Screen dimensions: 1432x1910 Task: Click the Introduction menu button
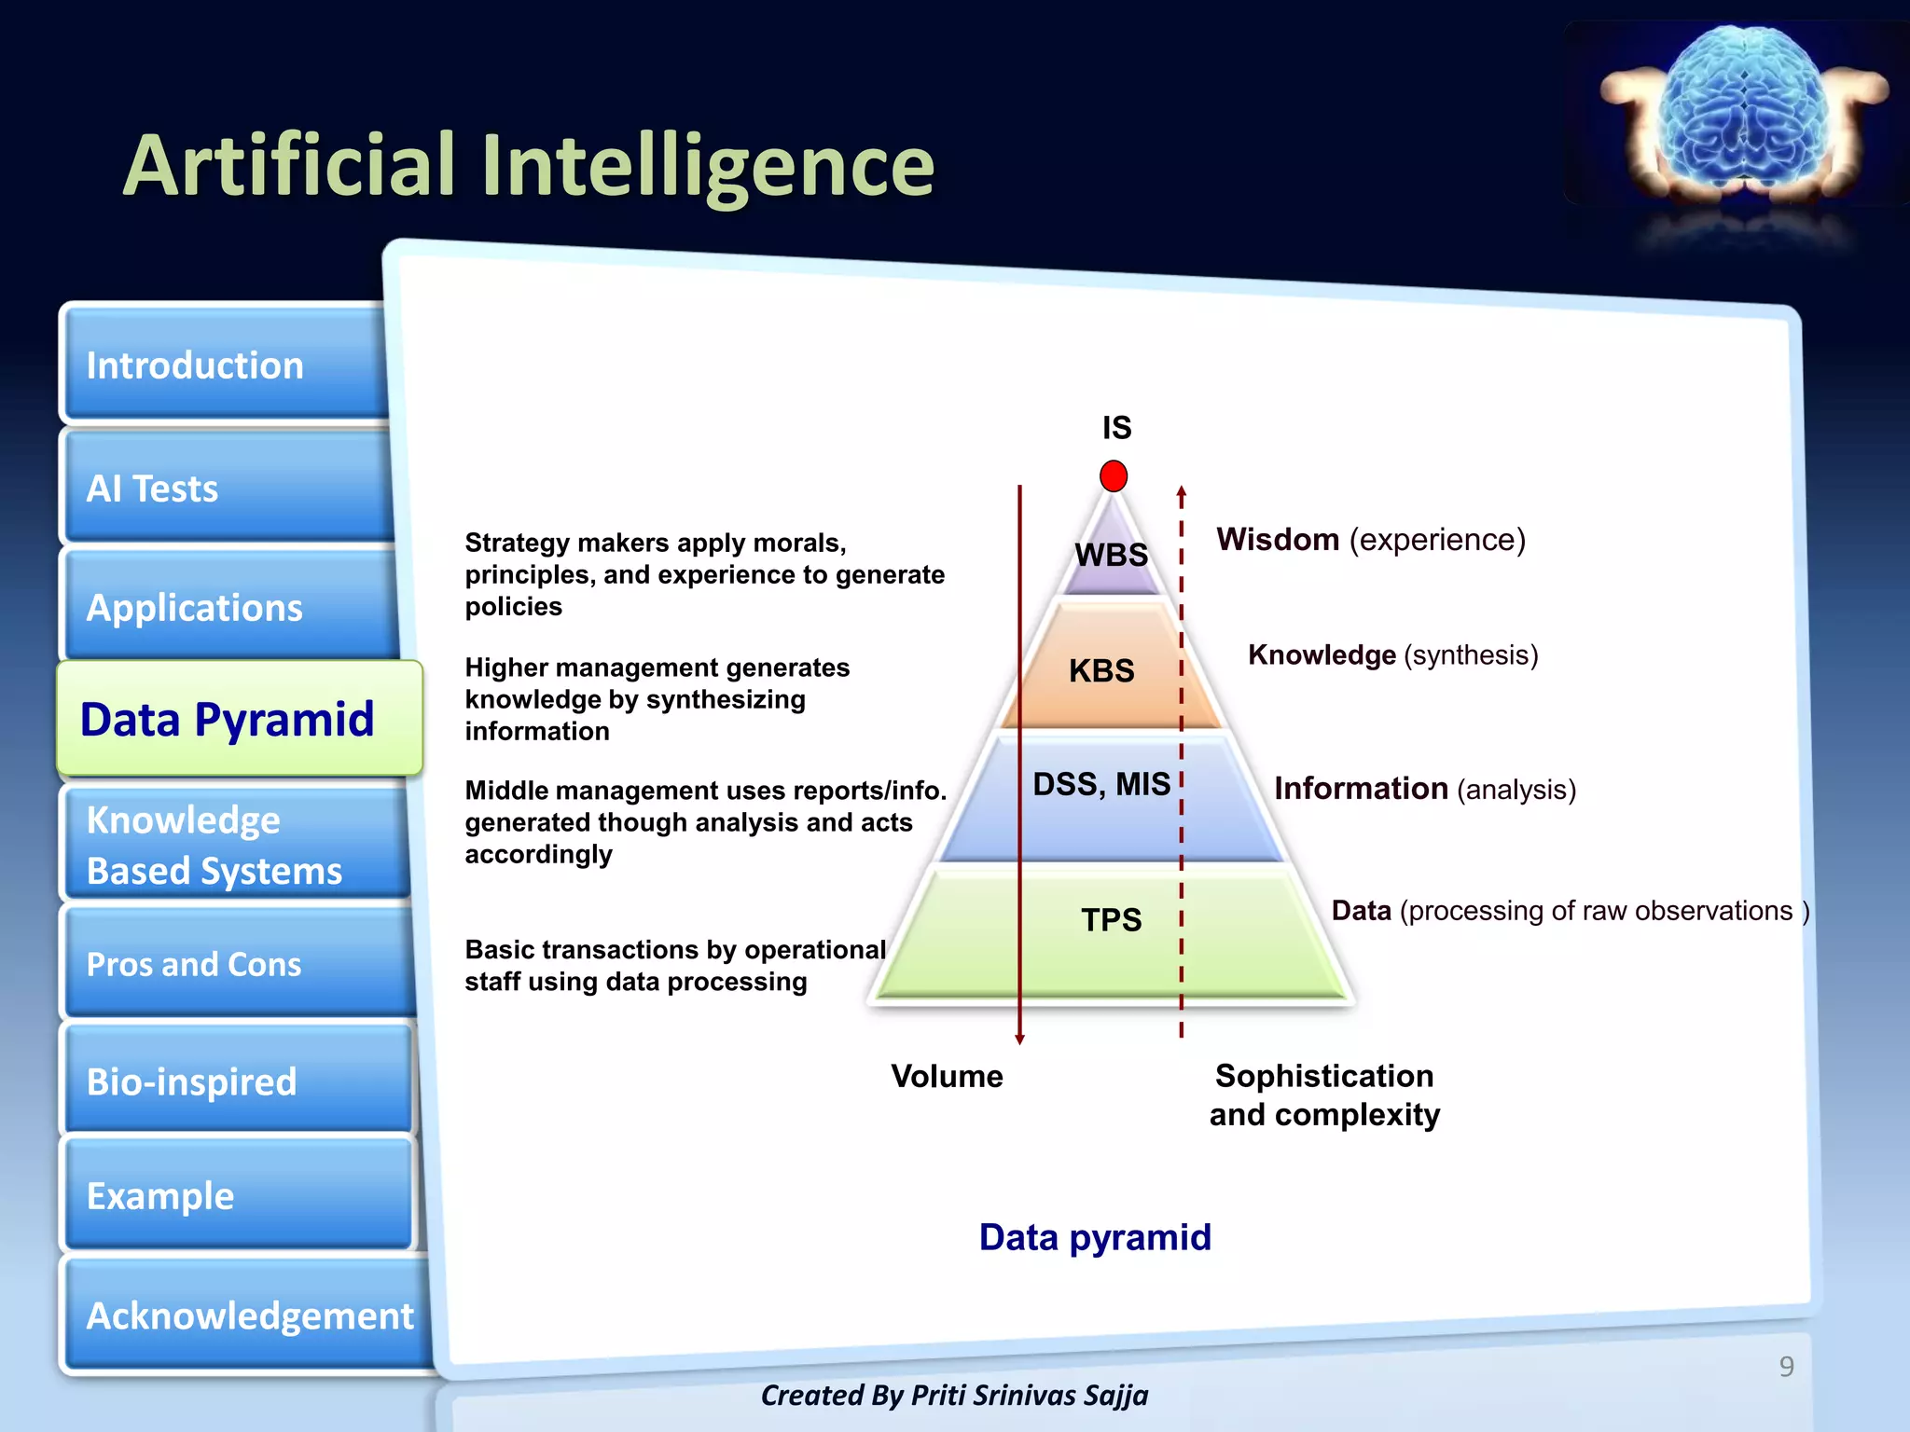(224, 365)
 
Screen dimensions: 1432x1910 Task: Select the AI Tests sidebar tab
(224, 488)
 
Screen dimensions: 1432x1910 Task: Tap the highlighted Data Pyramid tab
(239, 719)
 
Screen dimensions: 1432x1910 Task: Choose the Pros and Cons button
(233, 964)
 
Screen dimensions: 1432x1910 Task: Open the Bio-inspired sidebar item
(233, 1081)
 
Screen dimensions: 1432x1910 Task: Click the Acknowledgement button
(248, 1315)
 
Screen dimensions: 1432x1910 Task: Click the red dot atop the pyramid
(1114, 475)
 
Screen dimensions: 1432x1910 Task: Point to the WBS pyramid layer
(1112, 555)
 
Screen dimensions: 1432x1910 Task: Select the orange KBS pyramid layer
(1102, 670)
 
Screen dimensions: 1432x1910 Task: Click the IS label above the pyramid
(1116, 428)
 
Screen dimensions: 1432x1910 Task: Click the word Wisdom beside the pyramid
(1278, 539)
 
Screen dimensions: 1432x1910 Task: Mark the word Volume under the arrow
(947, 1076)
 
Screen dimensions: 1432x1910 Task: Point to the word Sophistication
(1324, 1076)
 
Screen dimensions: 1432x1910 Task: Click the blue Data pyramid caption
(1095, 1237)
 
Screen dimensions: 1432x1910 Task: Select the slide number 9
(1786, 1366)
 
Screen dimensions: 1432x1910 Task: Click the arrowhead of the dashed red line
(1182, 492)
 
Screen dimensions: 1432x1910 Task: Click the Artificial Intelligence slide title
(529, 165)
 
